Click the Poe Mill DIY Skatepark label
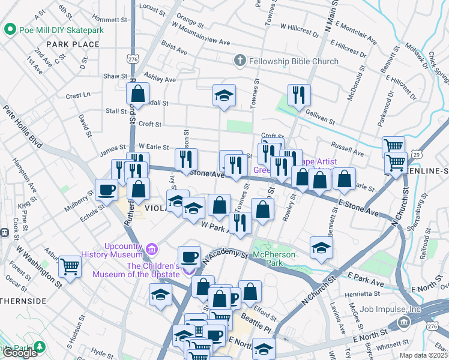[61, 29]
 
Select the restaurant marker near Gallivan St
[299, 94]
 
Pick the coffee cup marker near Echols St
[107, 190]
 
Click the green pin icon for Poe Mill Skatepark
[10, 29]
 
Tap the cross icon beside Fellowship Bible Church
[240, 61]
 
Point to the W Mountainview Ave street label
[201, 34]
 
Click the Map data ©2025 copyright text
[423, 355]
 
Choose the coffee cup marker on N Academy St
[190, 257]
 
